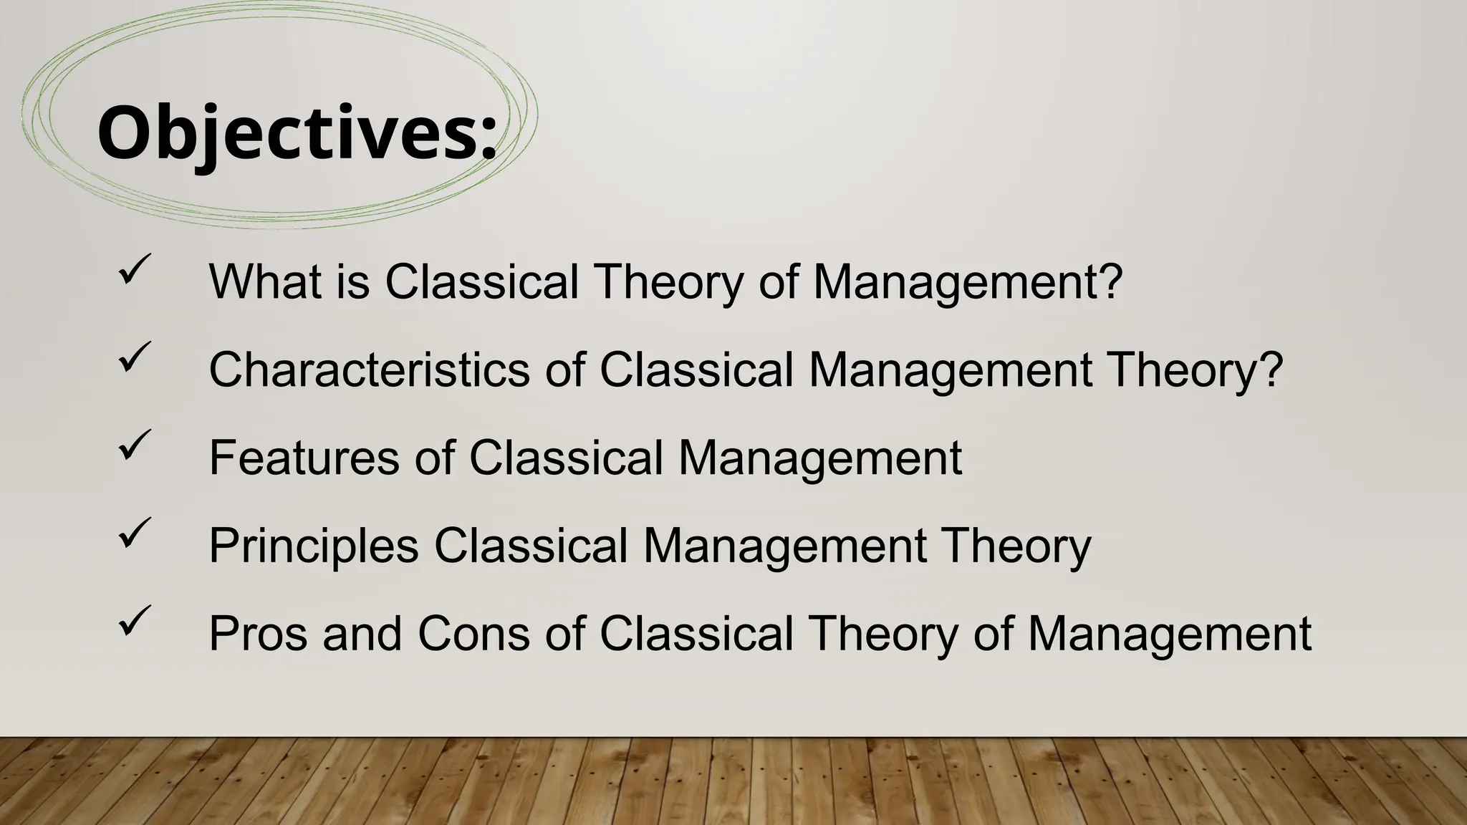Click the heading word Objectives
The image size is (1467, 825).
pos(287,134)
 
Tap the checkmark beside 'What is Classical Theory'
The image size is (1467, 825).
pos(135,269)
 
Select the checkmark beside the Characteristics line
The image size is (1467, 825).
pos(135,357)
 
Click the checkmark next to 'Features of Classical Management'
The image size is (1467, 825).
pos(135,445)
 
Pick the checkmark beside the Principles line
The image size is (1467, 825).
pos(135,533)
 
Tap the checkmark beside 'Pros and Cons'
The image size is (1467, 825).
pos(135,621)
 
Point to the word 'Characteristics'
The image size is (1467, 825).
pos(370,370)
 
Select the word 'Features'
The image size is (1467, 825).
pos(304,458)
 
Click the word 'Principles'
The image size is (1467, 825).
pos(314,546)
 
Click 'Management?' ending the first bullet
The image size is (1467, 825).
pos(967,281)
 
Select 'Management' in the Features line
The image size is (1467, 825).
pos(819,458)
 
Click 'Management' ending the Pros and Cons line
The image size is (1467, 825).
pos(1169,634)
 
